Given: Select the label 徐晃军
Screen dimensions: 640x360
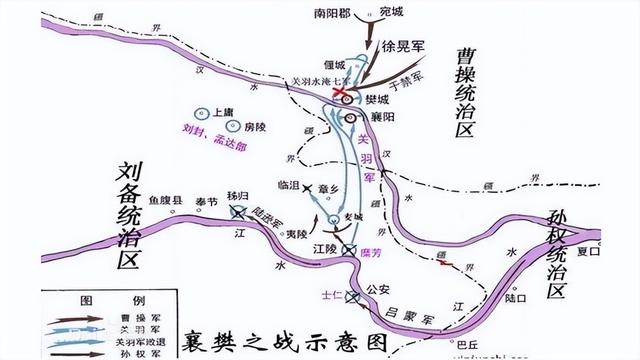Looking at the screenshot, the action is [x=403, y=47].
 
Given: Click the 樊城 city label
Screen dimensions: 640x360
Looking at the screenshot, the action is [x=380, y=101].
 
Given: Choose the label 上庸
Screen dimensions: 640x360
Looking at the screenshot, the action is [x=222, y=113].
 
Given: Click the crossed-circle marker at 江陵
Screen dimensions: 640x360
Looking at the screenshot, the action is [x=348, y=249].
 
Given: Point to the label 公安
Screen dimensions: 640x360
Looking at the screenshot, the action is [x=377, y=290].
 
